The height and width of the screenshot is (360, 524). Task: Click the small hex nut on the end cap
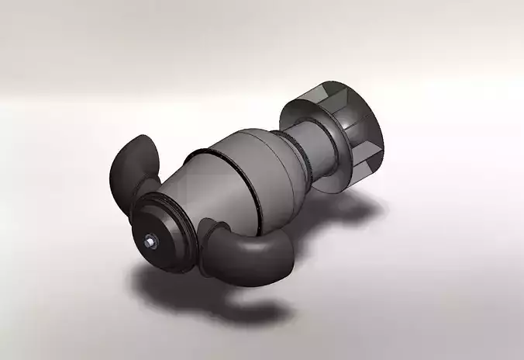tap(150, 242)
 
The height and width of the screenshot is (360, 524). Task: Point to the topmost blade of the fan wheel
tap(326, 92)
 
